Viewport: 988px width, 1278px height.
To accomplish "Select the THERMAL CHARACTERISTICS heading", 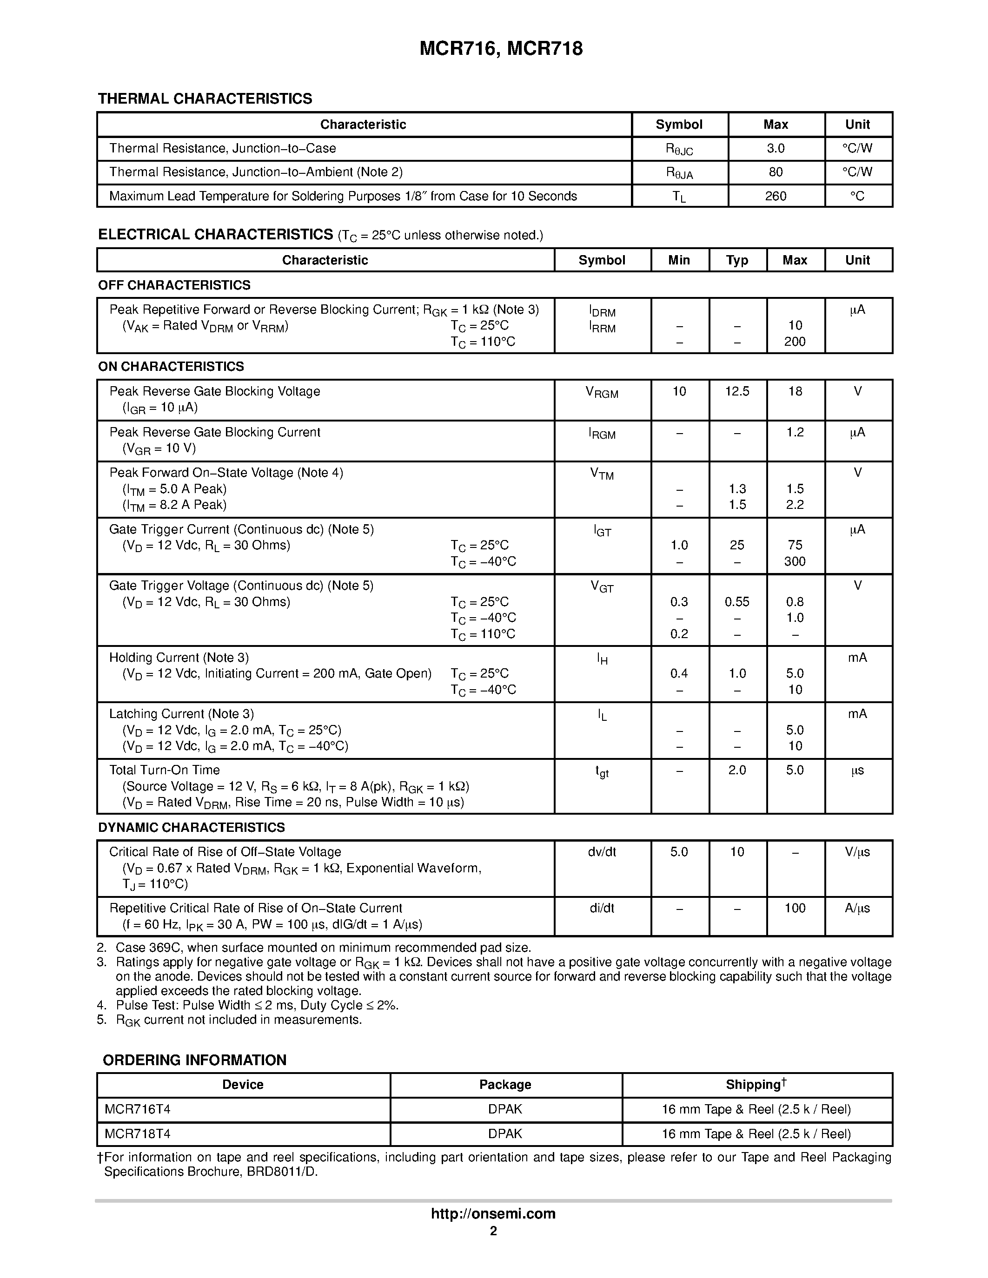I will (205, 99).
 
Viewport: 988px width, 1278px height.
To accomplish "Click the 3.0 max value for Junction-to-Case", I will (775, 149).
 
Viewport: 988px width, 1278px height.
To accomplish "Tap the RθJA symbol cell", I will (678, 172).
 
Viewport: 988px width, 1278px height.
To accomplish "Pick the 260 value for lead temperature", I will (775, 197).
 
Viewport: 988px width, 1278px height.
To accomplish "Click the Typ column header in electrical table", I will (736, 260).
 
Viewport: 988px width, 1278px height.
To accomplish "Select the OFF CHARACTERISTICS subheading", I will (174, 285).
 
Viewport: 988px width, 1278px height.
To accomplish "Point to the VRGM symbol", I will (601, 393).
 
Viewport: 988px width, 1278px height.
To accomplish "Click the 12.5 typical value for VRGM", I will (736, 391).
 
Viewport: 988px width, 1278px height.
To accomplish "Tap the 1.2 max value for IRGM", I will (794, 433).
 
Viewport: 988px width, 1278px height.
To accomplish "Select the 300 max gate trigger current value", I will (794, 562).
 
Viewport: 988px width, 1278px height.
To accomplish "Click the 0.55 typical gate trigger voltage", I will (736, 602).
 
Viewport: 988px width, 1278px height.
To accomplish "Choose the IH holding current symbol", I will (602, 659).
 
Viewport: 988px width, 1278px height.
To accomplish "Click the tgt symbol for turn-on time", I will (602, 772).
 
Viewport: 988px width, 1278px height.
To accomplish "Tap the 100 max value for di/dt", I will (794, 909).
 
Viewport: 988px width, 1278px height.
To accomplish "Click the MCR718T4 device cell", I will (138, 1134).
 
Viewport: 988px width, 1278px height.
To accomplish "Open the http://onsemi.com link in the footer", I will (493, 1213).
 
